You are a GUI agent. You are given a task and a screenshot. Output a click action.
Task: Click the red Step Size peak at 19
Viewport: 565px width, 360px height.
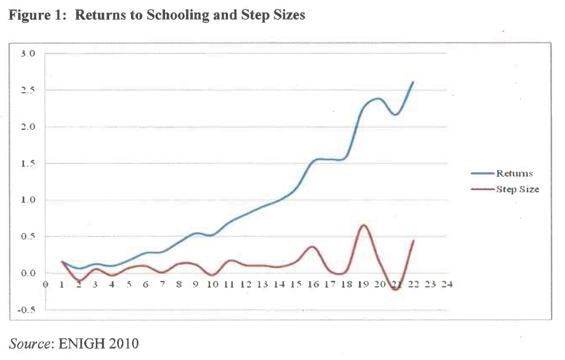coord(363,225)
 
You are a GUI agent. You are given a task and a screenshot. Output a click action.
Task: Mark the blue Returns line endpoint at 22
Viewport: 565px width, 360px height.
coord(413,82)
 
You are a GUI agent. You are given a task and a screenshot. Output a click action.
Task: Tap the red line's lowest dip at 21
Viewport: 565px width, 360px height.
coord(396,289)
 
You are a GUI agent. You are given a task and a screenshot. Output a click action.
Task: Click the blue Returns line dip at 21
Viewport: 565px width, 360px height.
coord(396,114)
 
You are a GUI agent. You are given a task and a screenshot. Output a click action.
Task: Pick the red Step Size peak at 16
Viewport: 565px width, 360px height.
coord(313,247)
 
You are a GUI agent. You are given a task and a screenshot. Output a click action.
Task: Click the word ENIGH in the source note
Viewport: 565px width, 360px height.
coord(80,343)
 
